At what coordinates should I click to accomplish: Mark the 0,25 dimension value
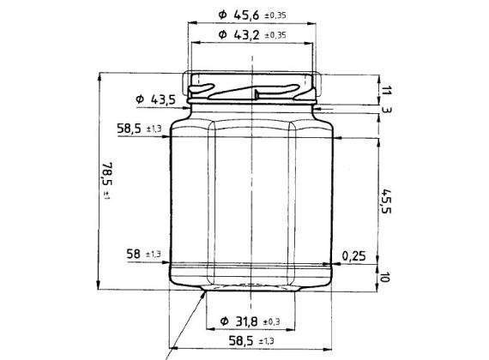click(x=353, y=255)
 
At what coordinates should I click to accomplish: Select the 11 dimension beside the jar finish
click(x=387, y=90)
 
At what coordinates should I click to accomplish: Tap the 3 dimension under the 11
click(x=387, y=110)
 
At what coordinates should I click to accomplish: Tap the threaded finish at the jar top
click(x=252, y=86)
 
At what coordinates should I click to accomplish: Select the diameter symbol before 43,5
click(x=140, y=100)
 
